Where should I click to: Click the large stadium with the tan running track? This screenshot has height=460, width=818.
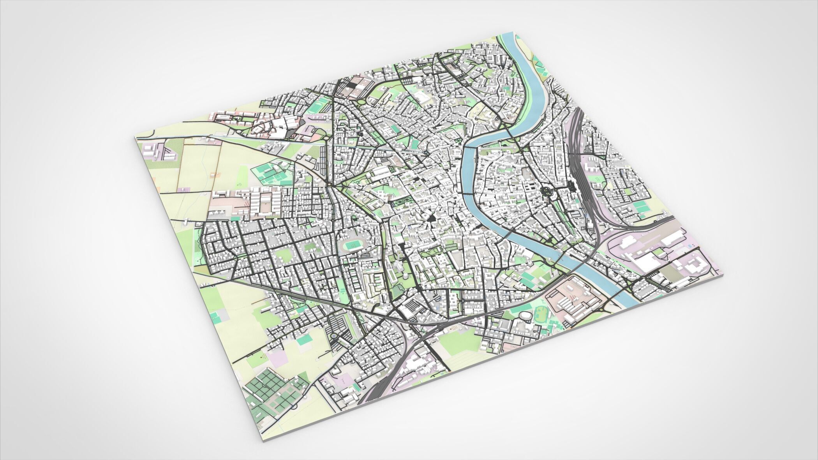(x=353, y=245)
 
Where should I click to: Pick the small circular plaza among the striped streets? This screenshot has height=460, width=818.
(x=335, y=335)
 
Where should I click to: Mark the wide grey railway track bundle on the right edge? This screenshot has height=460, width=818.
(x=582, y=164)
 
